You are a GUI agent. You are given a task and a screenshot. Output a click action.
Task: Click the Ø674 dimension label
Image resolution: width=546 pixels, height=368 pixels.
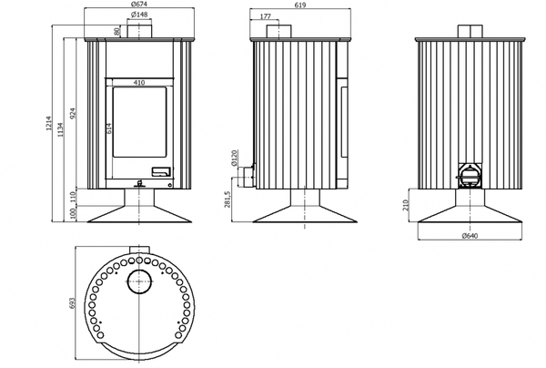(138, 5)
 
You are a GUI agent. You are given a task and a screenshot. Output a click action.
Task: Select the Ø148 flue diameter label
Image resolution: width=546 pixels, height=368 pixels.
(139, 15)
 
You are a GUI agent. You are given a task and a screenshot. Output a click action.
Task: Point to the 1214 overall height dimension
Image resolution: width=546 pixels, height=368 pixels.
(48, 124)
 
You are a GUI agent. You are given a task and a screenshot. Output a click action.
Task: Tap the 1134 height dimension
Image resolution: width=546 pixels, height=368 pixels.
(61, 129)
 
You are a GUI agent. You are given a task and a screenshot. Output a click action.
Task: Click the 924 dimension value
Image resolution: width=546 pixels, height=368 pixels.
(73, 113)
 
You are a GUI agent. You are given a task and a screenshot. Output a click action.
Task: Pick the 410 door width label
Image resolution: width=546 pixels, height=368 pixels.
(139, 83)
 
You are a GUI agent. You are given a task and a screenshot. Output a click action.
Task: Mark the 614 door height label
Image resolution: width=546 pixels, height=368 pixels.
(108, 128)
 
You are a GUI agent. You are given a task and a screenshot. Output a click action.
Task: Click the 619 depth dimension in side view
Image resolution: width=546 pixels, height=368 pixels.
(300, 5)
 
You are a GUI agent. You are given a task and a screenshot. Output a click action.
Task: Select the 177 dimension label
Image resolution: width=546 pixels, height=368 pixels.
(266, 16)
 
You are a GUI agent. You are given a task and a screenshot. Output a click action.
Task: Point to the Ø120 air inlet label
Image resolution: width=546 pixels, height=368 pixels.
(234, 158)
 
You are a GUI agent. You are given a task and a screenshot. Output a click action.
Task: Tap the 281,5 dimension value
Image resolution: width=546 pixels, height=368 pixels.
(227, 199)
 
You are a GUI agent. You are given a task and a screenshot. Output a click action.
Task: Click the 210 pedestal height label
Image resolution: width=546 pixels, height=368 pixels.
(406, 205)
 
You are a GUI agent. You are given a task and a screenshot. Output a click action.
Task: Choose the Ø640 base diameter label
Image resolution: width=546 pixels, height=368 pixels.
(470, 236)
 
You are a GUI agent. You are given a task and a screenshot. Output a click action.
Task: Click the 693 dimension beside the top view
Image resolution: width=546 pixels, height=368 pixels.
(72, 302)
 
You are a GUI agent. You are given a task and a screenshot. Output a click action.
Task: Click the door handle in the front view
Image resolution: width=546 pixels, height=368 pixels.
(161, 171)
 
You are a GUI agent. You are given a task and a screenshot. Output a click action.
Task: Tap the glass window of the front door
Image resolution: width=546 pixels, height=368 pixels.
(139, 122)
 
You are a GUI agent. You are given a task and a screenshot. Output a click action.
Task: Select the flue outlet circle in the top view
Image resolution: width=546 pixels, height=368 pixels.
(139, 281)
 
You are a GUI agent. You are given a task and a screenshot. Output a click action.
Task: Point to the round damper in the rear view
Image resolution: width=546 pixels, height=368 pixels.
(470, 177)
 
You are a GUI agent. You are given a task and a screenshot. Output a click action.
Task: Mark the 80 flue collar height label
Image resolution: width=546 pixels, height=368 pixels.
(117, 31)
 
